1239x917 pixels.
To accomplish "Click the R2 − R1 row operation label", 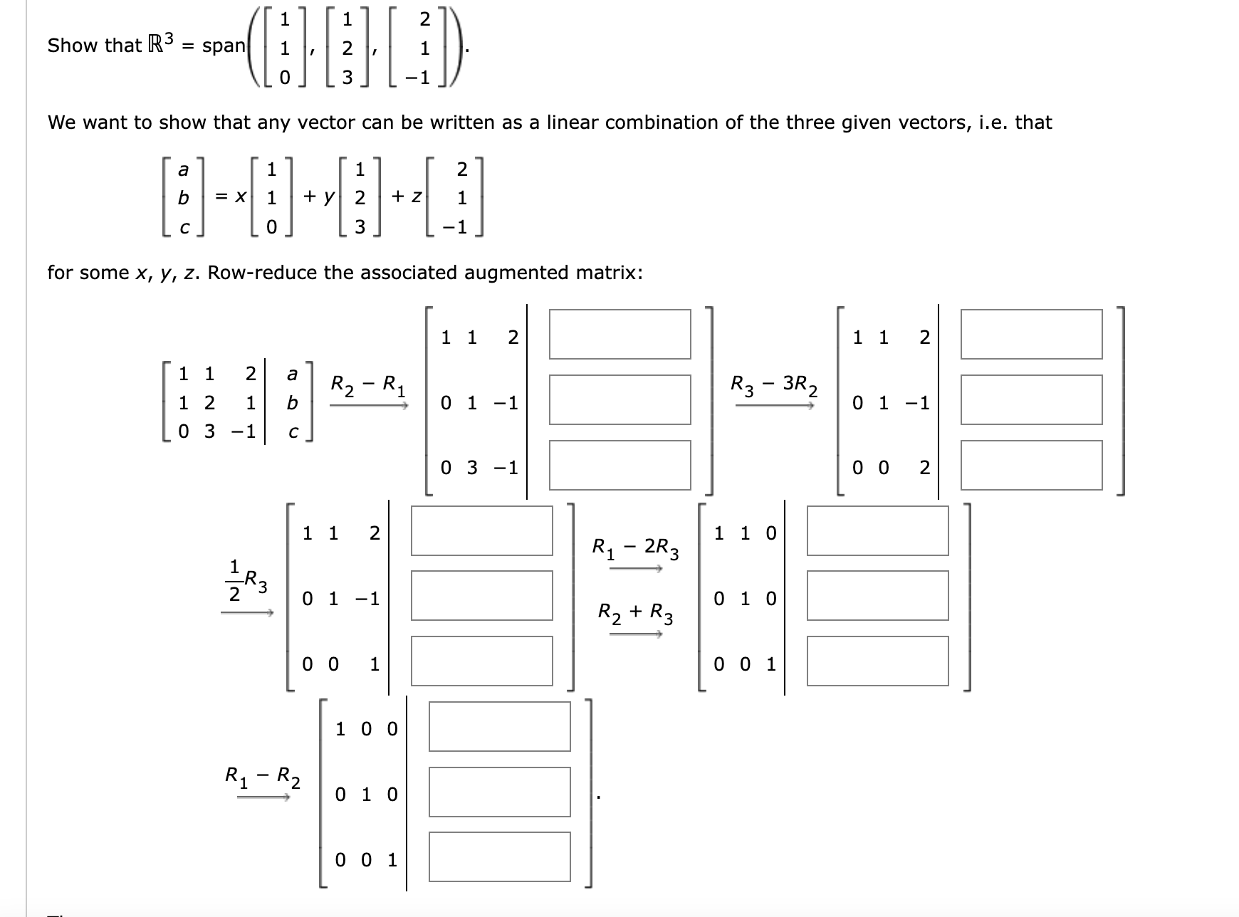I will point(368,385).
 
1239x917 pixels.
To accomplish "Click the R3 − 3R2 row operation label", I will point(774,385).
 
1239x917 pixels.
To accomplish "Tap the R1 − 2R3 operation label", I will point(635,548).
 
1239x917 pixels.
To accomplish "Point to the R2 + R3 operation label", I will point(635,612).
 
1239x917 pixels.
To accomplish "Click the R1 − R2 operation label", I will point(262,777).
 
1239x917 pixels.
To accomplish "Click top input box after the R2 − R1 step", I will point(619,334).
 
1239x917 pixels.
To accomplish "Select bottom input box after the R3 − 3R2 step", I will point(1031,465).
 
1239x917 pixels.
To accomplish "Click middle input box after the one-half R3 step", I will point(481,596).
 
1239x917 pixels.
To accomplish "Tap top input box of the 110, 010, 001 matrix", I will point(877,530).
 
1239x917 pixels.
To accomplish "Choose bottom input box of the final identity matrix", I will point(499,856).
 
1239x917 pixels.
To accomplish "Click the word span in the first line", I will point(224,46).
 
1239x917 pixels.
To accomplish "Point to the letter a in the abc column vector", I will point(183,170).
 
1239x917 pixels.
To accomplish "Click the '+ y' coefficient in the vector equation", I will point(319,197).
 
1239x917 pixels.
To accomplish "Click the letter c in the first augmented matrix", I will point(293,432).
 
